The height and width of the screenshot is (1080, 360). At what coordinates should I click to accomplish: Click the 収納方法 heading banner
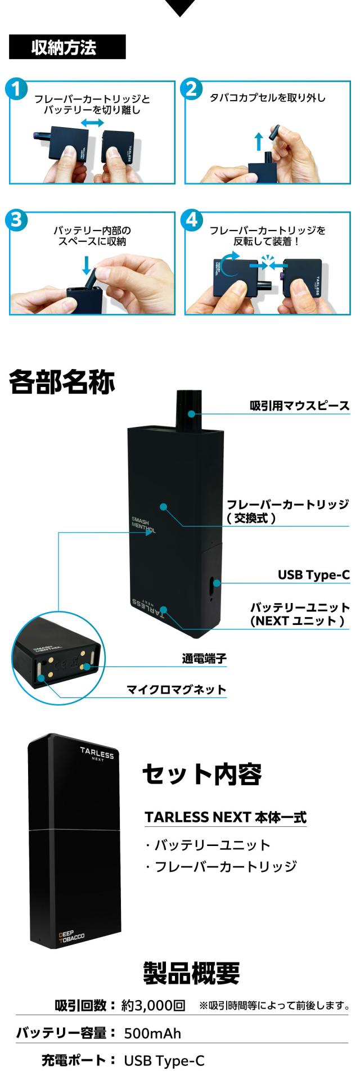click(x=67, y=47)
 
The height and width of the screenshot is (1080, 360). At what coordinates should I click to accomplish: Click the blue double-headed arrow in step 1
click(x=92, y=122)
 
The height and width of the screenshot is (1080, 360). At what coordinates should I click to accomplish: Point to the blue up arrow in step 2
click(x=258, y=141)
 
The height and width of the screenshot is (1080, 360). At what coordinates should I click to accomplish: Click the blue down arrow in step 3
click(x=85, y=265)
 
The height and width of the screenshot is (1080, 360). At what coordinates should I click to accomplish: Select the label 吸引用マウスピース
click(x=300, y=406)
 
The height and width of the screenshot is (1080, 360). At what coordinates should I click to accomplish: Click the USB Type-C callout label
click(x=314, y=575)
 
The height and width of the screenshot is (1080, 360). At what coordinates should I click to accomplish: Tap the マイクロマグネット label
click(x=176, y=690)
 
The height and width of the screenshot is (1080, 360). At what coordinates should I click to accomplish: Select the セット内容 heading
click(x=202, y=774)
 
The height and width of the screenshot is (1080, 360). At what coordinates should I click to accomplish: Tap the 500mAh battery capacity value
click(x=152, y=1033)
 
